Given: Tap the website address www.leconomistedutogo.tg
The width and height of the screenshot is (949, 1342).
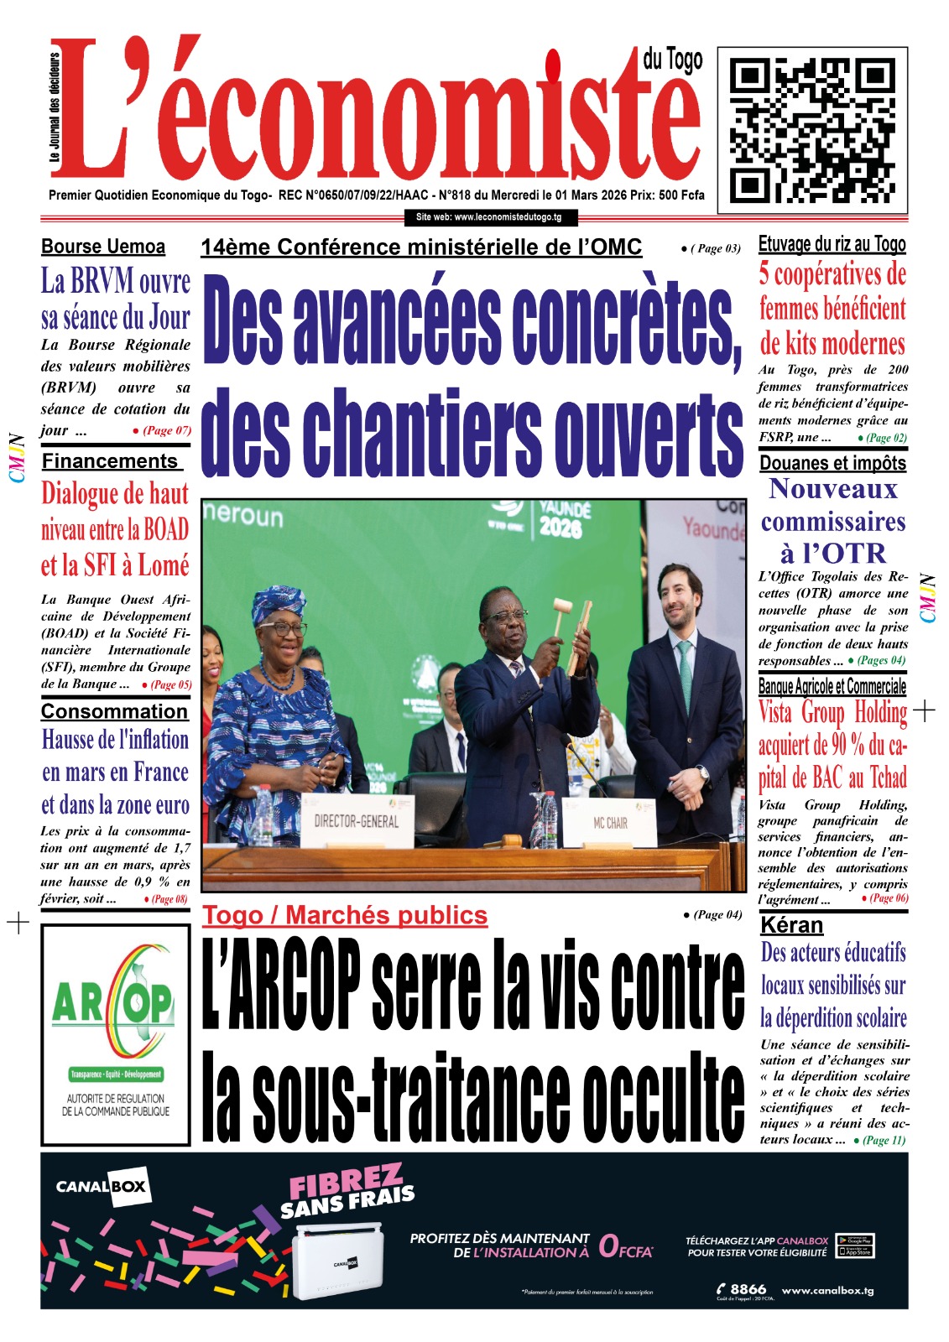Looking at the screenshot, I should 488,217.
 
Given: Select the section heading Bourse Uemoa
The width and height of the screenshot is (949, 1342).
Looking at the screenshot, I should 103,247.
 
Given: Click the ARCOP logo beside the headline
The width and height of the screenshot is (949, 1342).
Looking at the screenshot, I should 115,1034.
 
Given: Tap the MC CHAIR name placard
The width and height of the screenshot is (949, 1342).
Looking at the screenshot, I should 610,823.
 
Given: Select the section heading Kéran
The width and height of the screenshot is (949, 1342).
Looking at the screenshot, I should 791,925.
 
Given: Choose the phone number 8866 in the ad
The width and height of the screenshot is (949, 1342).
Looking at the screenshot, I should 748,1288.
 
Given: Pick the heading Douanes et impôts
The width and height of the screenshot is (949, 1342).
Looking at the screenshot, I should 832,463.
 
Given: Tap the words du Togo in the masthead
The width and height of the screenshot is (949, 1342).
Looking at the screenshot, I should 672,60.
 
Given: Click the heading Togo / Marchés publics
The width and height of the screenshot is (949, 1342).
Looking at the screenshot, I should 345,915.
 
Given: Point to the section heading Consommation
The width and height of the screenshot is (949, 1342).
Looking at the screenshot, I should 114,711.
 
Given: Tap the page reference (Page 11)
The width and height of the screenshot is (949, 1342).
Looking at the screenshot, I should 884,1140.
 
